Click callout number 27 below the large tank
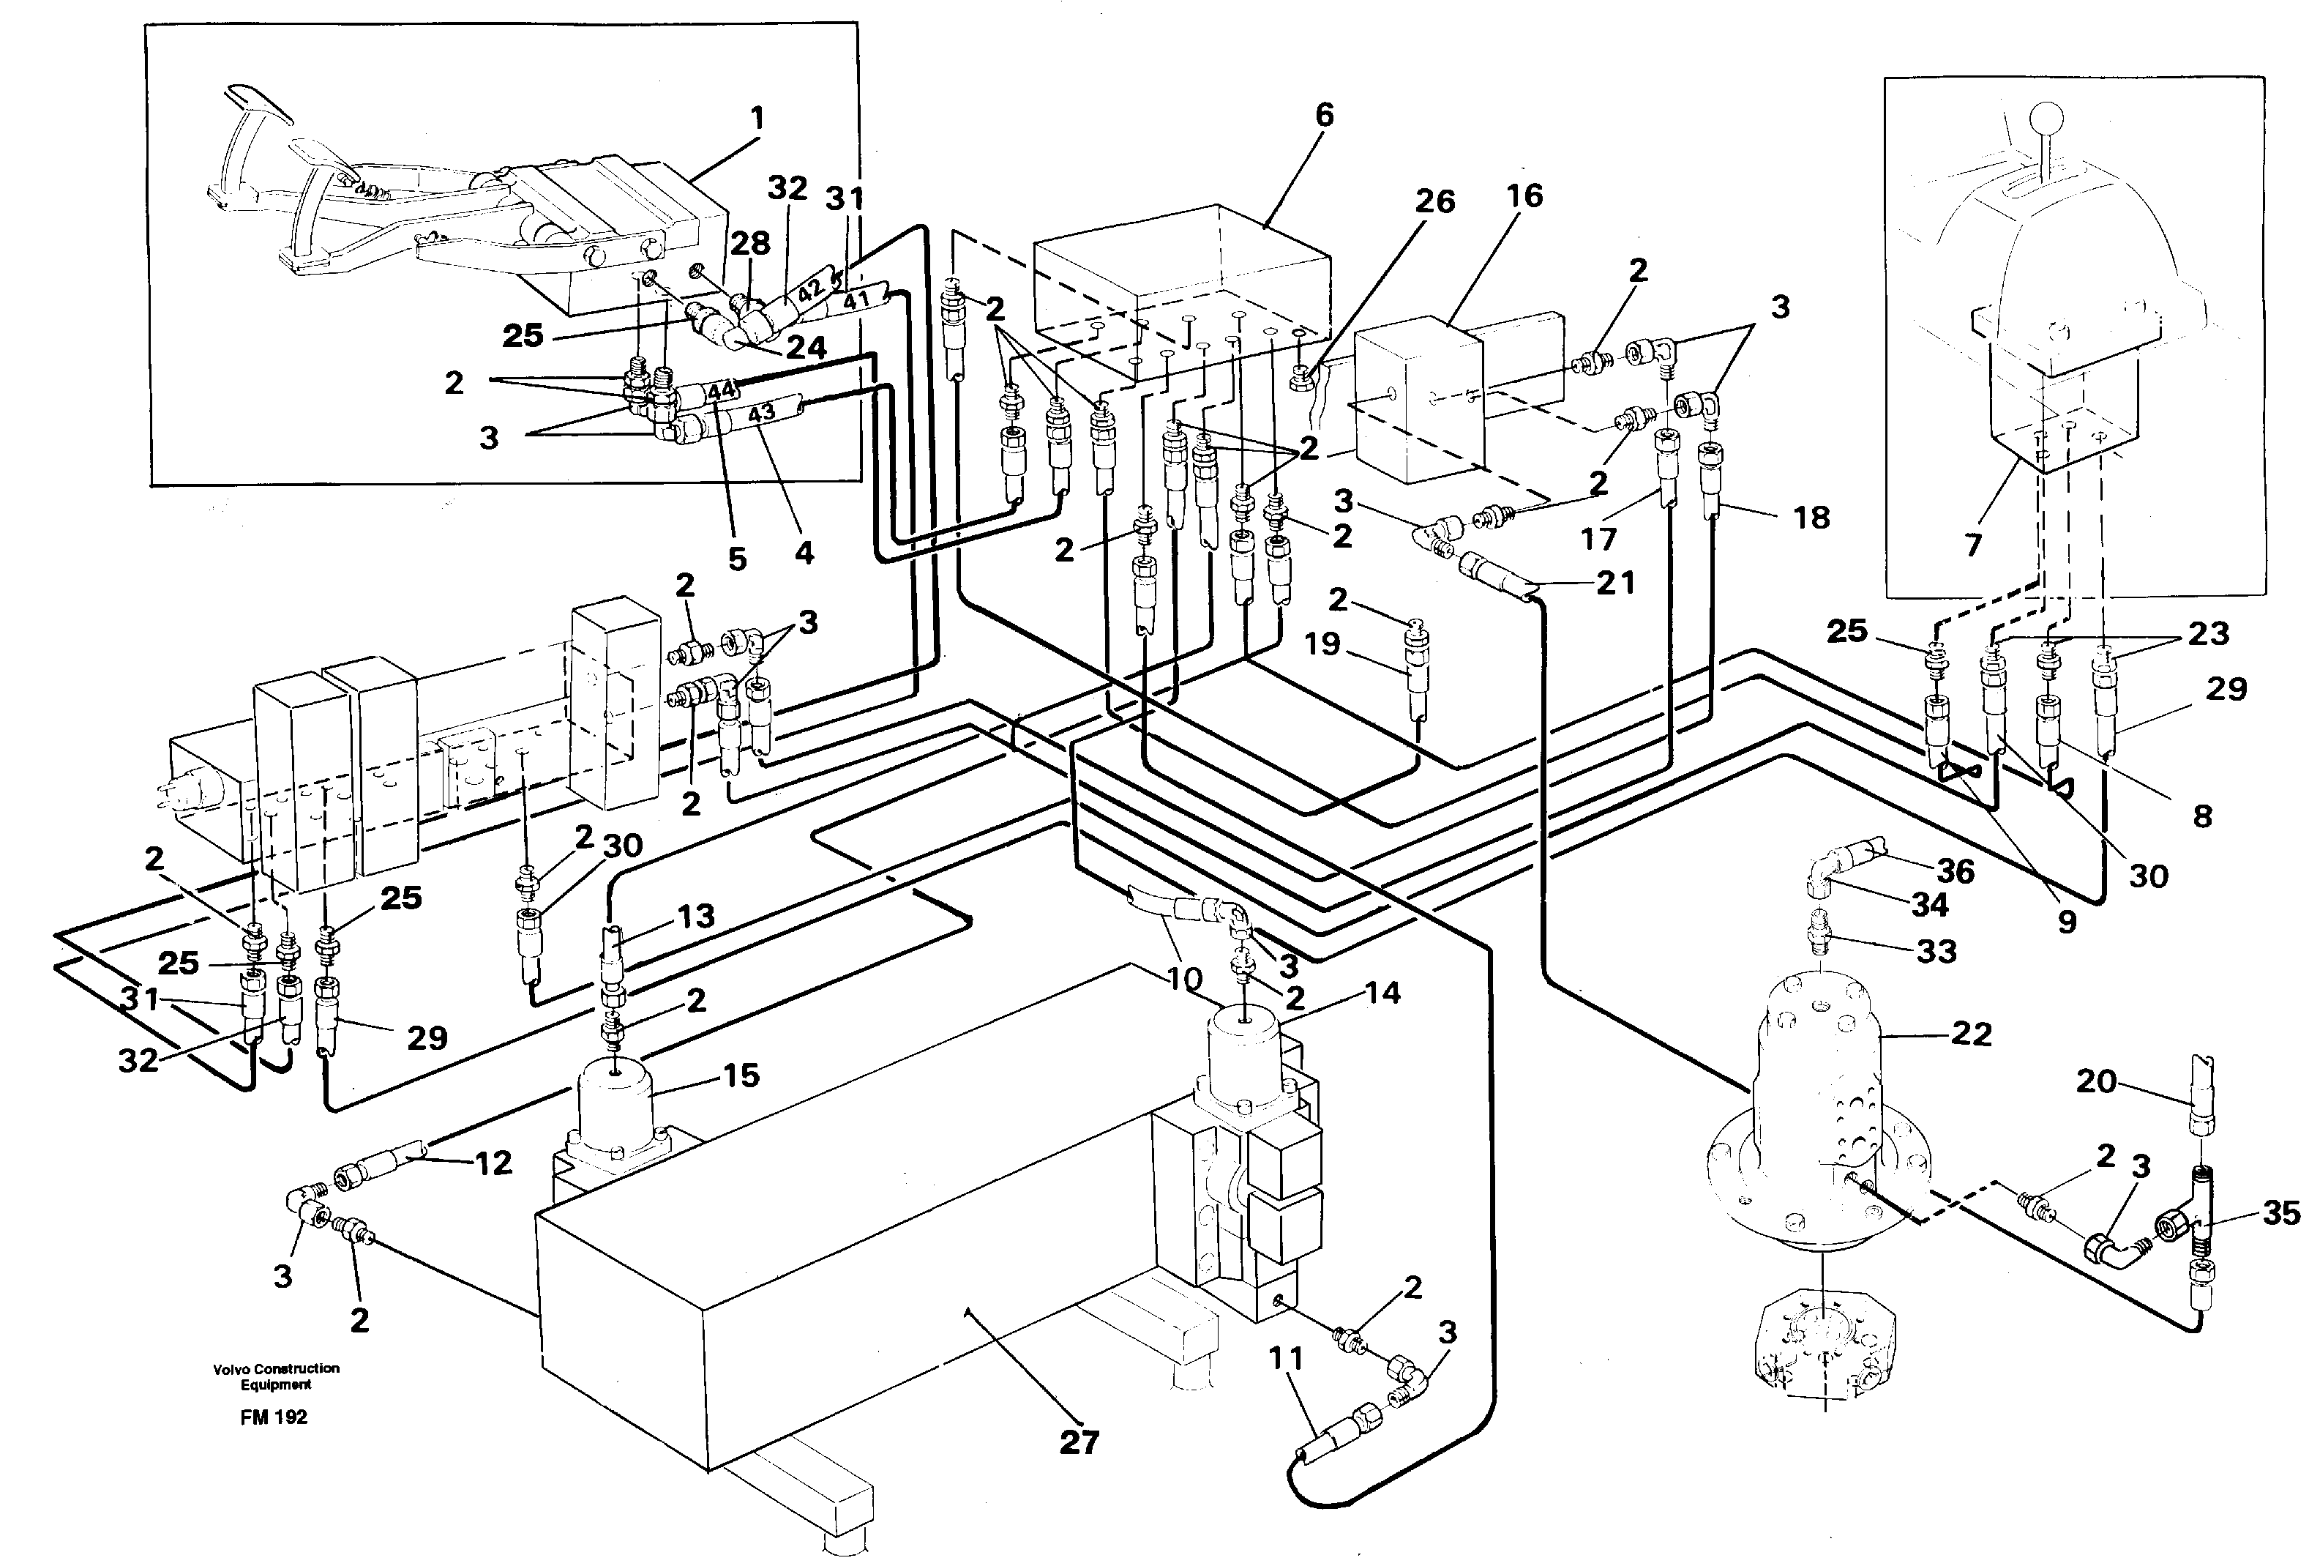tap(1079, 1442)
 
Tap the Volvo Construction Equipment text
tap(275, 1376)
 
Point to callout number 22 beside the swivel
tap(1971, 1034)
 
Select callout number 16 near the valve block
tap(1524, 195)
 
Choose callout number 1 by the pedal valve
tap(758, 119)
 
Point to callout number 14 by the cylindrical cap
tap(1382, 993)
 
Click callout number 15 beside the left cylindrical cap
tap(741, 1075)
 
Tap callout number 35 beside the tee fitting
tap(2281, 1212)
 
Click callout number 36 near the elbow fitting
tap(1956, 871)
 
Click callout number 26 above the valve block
tap(1434, 202)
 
